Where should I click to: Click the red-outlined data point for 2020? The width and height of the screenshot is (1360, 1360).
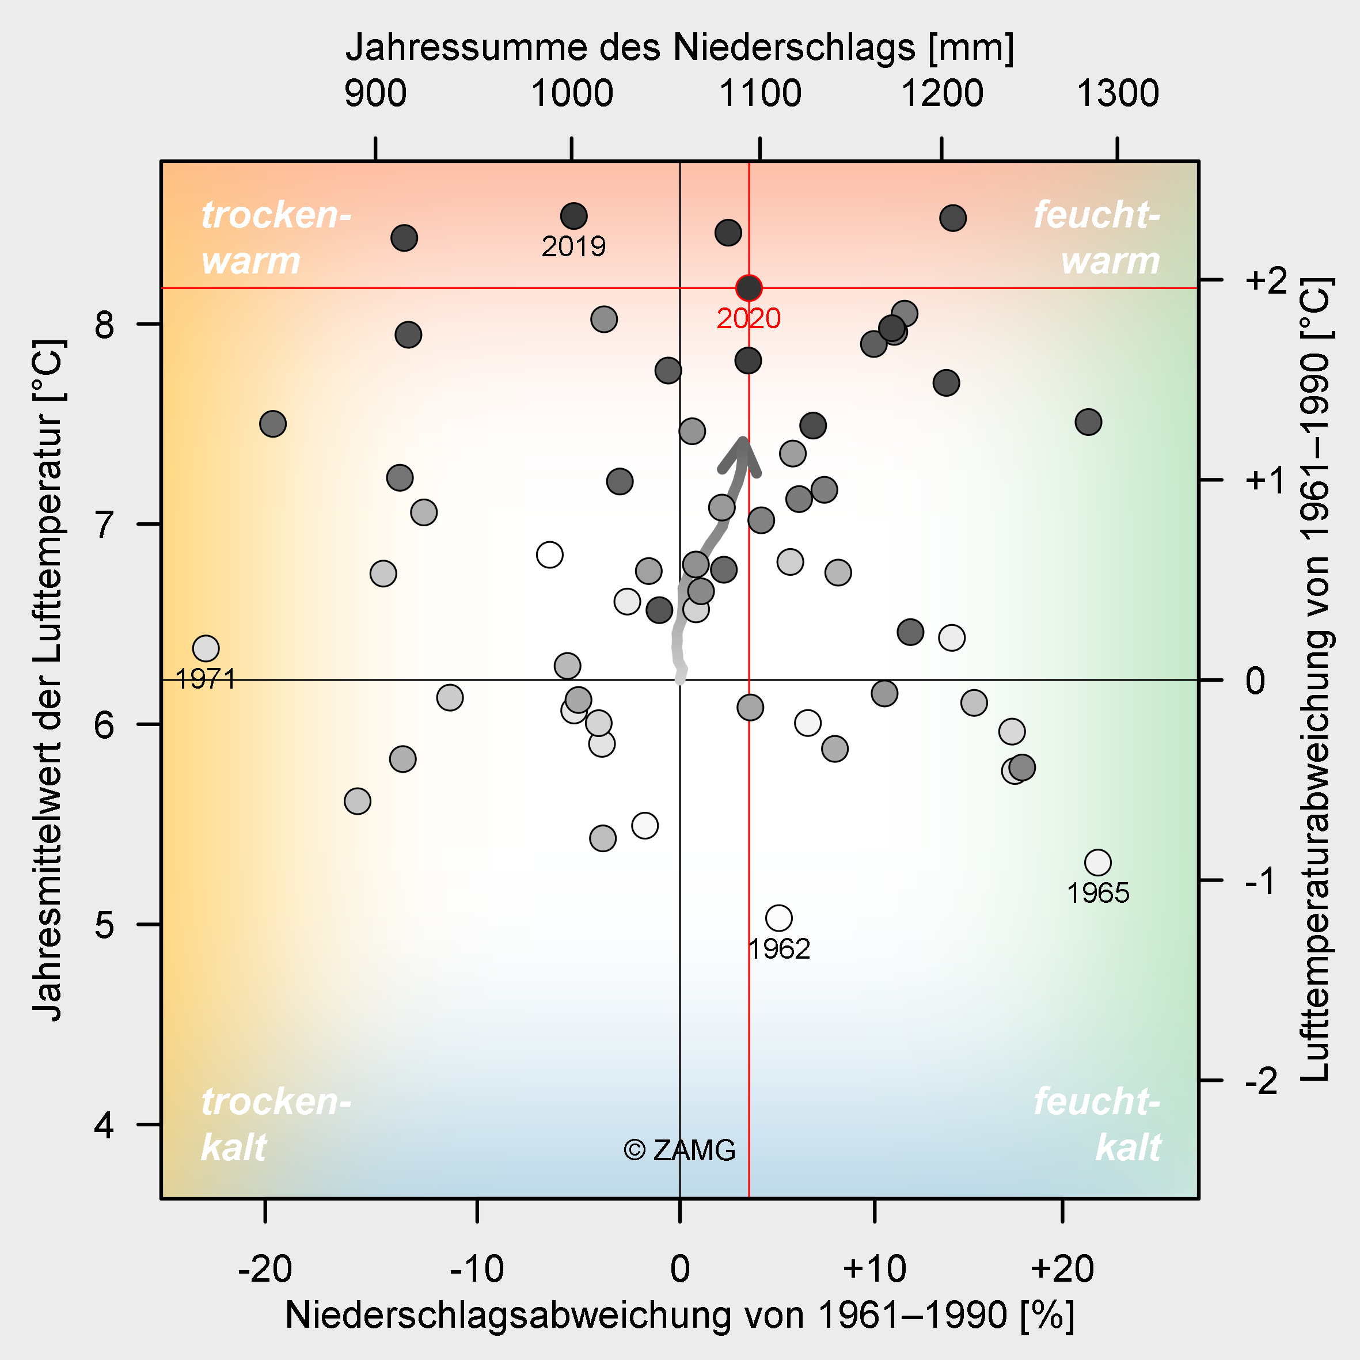(x=749, y=288)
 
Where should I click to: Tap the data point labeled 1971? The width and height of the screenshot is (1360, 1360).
(x=206, y=648)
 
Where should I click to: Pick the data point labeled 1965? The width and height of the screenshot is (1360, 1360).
(x=1098, y=863)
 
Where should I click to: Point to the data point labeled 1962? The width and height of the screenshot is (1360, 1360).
(x=778, y=918)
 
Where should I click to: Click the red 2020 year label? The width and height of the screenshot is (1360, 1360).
(x=749, y=319)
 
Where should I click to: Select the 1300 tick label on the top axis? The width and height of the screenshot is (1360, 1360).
(x=1117, y=94)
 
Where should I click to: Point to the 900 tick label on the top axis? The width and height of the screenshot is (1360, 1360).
(x=375, y=94)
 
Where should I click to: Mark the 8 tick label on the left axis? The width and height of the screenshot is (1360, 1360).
(x=104, y=325)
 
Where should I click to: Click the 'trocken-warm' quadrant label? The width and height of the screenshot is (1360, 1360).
(x=276, y=238)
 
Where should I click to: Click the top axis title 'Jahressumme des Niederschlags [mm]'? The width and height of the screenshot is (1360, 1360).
(x=679, y=48)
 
